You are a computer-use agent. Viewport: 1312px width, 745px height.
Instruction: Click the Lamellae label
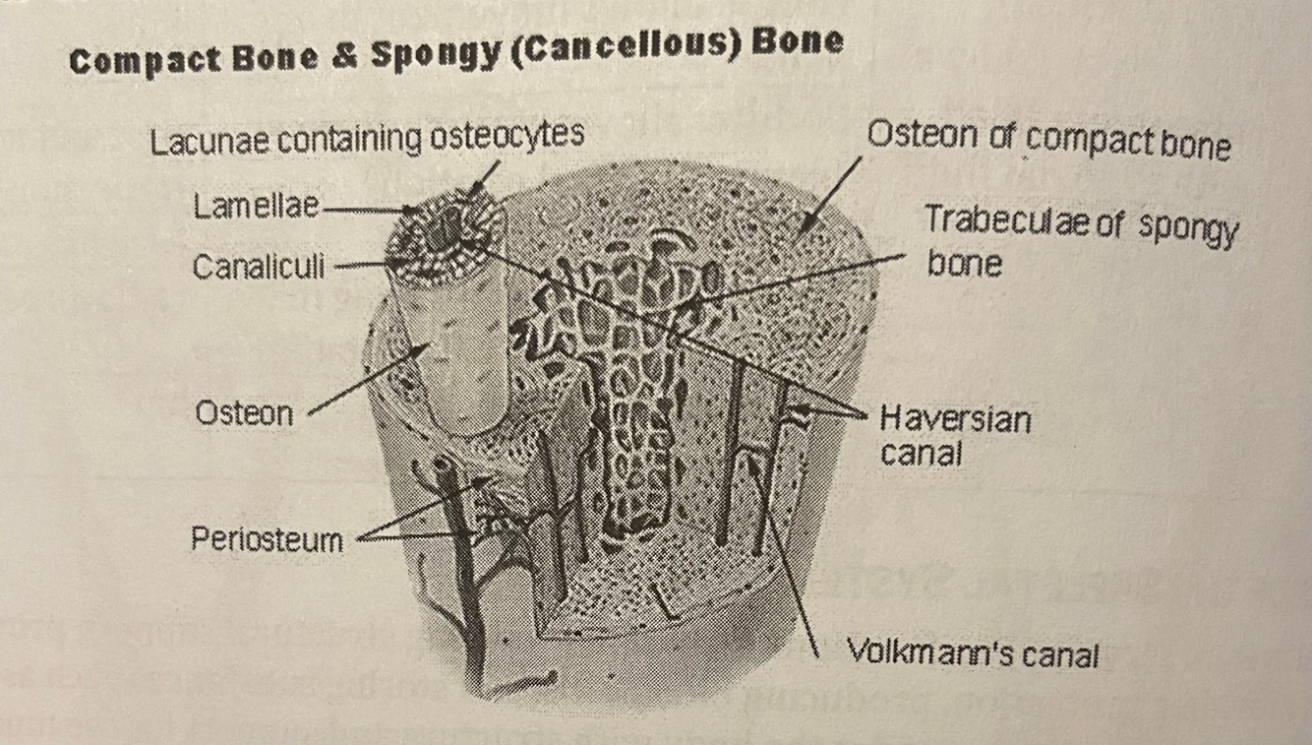257,207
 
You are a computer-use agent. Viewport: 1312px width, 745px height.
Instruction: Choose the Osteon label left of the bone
244,413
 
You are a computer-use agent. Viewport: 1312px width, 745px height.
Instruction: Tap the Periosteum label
267,539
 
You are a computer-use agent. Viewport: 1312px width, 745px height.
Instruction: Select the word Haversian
955,420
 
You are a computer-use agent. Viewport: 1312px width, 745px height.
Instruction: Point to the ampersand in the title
343,57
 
